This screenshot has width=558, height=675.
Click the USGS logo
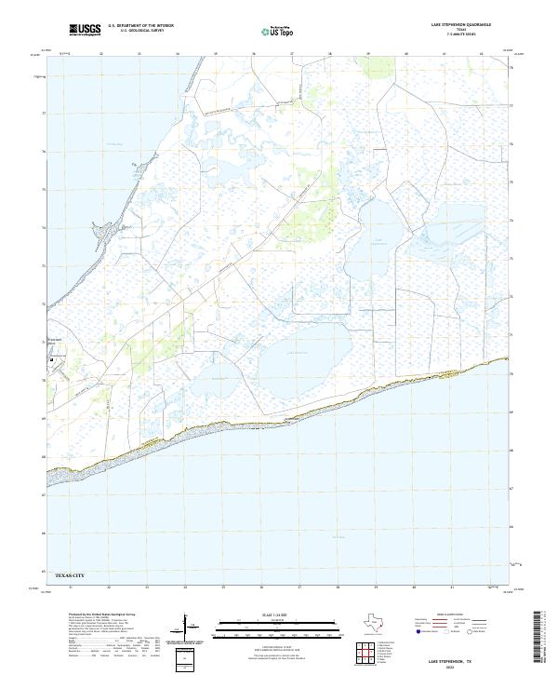point(85,29)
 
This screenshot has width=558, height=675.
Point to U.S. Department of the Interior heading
point(140,25)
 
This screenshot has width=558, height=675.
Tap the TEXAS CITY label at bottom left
point(75,576)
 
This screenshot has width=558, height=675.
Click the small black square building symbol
point(52,358)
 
